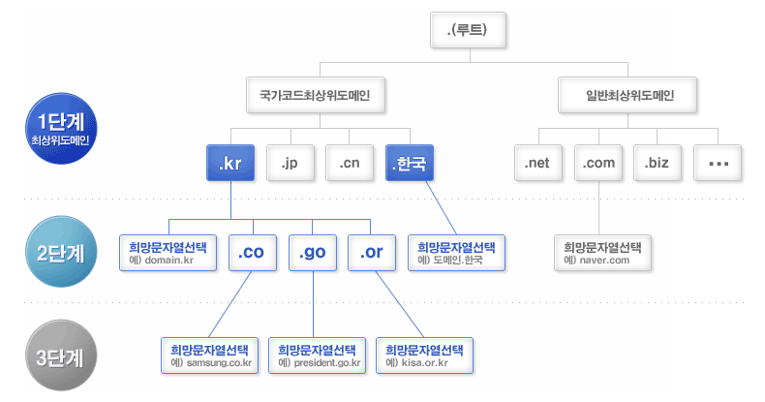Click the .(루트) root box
click(x=468, y=29)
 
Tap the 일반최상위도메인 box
click(x=628, y=96)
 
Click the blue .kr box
click(x=230, y=164)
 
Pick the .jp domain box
click(x=290, y=164)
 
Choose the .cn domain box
click(x=350, y=164)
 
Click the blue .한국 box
click(x=410, y=164)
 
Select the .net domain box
click(x=537, y=164)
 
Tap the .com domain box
click(x=598, y=164)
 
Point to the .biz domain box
click(x=658, y=164)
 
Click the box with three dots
click(x=719, y=164)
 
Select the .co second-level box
click(x=254, y=253)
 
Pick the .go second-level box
click(x=314, y=253)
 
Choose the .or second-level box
click(x=373, y=253)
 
